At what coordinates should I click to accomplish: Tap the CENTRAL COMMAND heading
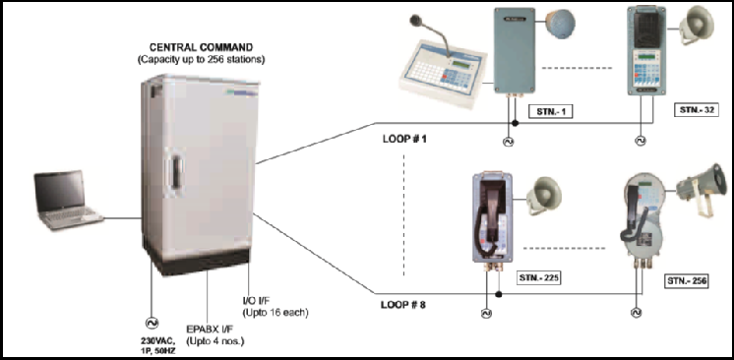(x=204, y=46)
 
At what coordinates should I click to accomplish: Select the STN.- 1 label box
(x=550, y=111)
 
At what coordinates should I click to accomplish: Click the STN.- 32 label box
(x=695, y=111)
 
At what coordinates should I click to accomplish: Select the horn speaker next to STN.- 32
(x=695, y=28)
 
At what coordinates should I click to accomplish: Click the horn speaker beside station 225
(x=542, y=195)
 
